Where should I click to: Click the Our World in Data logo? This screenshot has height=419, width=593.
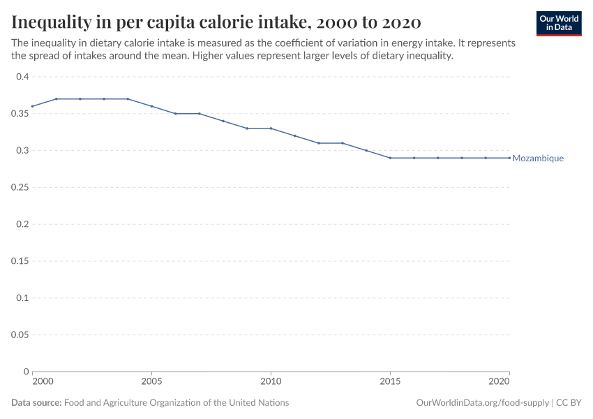pyautogui.click(x=558, y=23)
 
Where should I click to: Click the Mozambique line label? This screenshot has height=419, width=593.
pyautogui.click(x=538, y=159)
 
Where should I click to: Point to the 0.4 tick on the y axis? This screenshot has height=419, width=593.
pyautogui.click(x=22, y=77)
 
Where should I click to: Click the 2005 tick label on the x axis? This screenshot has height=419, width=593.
pyautogui.click(x=151, y=381)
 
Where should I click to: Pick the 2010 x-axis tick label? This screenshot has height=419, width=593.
pyautogui.click(x=271, y=381)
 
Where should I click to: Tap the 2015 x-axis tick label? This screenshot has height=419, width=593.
pyautogui.click(x=390, y=381)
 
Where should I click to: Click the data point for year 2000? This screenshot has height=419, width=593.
pyautogui.click(x=33, y=106)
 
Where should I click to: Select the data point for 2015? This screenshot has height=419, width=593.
pyautogui.click(x=390, y=158)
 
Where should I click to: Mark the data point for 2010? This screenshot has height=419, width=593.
pyautogui.click(x=271, y=128)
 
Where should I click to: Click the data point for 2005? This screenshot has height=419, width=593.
pyautogui.click(x=151, y=106)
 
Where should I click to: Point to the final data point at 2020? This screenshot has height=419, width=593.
pyautogui.click(x=509, y=158)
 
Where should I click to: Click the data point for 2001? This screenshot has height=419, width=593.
pyautogui.click(x=57, y=99)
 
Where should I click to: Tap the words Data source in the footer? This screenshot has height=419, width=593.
pyautogui.click(x=36, y=403)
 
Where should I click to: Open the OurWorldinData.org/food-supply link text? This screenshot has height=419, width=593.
pyautogui.click(x=482, y=403)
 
